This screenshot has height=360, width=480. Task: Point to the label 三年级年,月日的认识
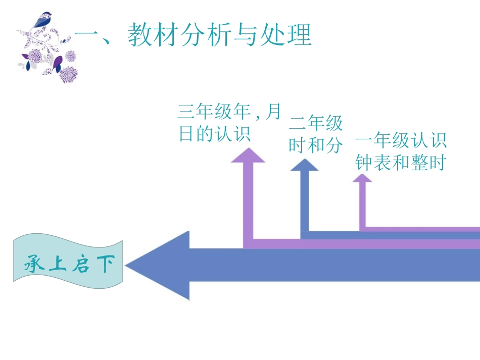pyautogui.click(x=229, y=123)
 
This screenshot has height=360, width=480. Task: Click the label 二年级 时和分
pyautogui.click(x=316, y=134)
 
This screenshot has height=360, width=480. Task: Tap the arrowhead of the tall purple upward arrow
pyautogui.click(x=248, y=155)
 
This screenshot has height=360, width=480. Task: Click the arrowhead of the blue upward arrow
pyautogui.click(x=304, y=165)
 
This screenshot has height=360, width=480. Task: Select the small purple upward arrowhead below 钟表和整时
pyautogui.click(x=362, y=178)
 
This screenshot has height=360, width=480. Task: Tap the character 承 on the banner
pyautogui.click(x=35, y=264)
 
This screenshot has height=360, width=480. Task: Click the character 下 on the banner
pyautogui.click(x=105, y=264)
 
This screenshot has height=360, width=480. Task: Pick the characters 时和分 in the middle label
pyautogui.click(x=316, y=145)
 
